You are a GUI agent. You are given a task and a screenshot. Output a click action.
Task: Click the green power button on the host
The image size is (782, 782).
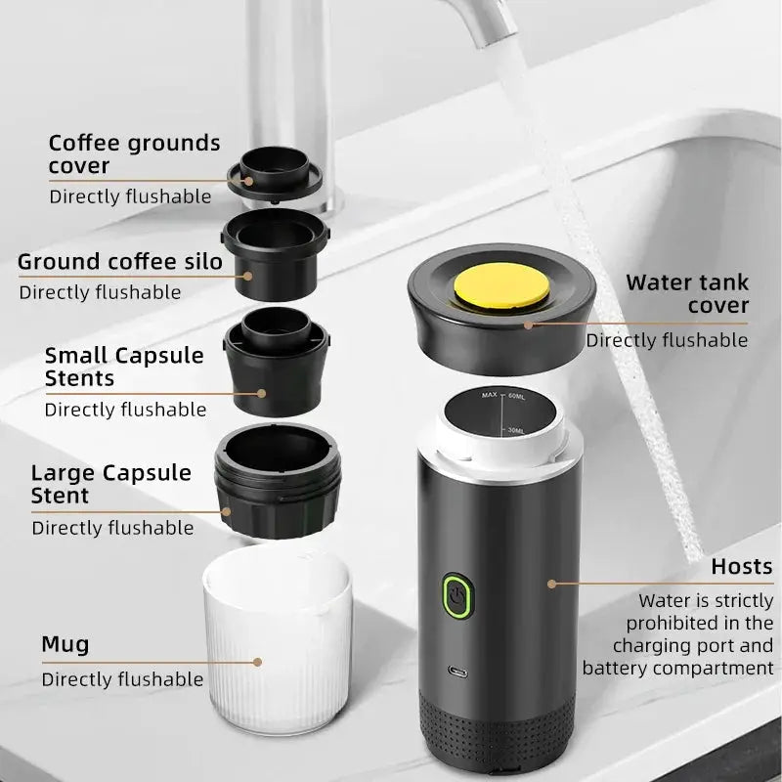click(x=457, y=595)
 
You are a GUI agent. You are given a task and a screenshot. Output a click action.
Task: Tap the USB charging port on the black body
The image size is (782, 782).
click(x=457, y=672)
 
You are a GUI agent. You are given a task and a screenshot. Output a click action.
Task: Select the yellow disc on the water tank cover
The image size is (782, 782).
click(x=501, y=285)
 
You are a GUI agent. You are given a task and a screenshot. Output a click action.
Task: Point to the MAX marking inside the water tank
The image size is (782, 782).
click(x=490, y=395)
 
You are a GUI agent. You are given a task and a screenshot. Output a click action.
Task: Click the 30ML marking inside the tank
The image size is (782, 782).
click(x=516, y=430)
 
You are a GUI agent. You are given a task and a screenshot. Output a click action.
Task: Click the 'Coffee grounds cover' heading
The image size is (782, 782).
click(x=134, y=154)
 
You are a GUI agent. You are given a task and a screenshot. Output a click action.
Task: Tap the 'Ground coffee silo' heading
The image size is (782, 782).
click(x=119, y=261)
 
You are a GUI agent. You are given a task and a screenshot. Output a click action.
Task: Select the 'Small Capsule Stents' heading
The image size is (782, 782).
click(x=124, y=367)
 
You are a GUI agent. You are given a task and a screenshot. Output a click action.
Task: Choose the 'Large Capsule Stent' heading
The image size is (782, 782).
click(x=110, y=484)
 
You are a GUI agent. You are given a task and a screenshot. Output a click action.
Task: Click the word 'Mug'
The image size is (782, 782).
click(x=65, y=644)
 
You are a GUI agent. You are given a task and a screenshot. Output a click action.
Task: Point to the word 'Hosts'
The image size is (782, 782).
click(x=742, y=567)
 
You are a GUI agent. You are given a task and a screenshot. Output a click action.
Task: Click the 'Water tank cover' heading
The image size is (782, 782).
click(x=687, y=294)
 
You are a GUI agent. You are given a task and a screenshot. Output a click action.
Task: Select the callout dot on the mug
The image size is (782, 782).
click(x=257, y=662)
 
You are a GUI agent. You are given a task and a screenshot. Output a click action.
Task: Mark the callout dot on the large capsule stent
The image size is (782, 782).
click(x=226, y=511)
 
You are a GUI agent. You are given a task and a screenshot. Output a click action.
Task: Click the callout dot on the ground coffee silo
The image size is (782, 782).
click(x=248, y=276)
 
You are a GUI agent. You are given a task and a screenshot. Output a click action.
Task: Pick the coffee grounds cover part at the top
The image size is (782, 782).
click(x=275, y=174)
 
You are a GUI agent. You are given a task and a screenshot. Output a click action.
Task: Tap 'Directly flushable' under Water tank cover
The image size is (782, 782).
click(x=667, y=340)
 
